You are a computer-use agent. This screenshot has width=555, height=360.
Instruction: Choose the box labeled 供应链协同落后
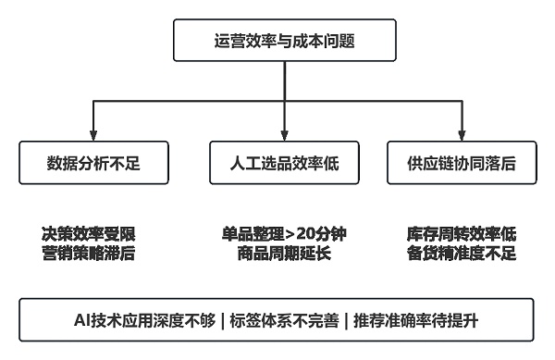coord(462,163)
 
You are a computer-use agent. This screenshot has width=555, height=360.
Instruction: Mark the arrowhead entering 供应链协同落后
coord(462,136)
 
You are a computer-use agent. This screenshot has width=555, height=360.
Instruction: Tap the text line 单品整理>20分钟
coord(284,233)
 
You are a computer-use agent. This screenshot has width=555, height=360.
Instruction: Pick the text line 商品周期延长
coord(284,253)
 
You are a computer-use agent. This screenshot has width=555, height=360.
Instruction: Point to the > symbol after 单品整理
coord(289,233)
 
